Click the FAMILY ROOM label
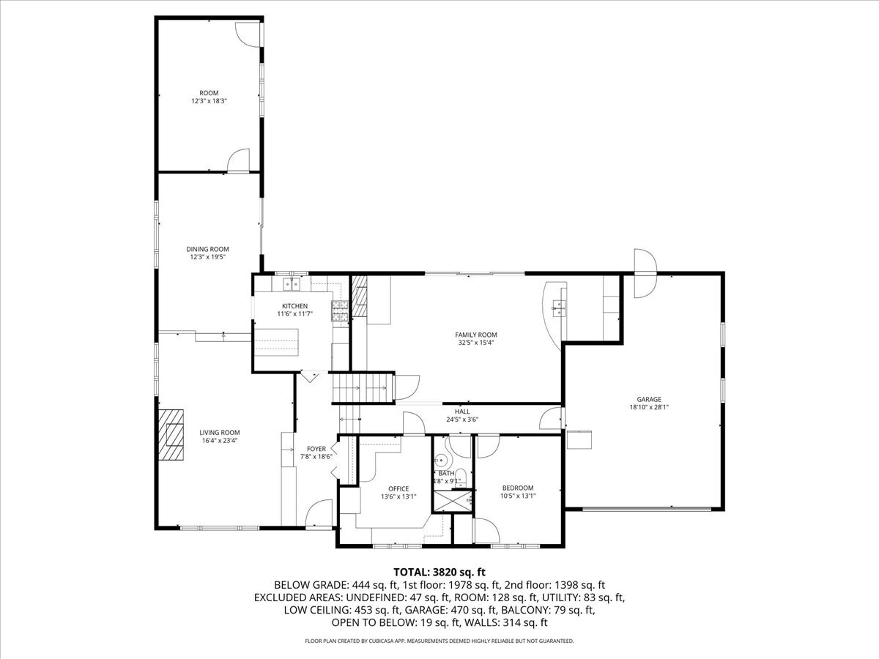coord(476,335)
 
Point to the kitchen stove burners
coord(341,312)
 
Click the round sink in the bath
coord(441,461)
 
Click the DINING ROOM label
coord(207,249)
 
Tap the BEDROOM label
coord(517,488)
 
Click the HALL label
coord(462,412)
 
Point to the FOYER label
coord(316,449)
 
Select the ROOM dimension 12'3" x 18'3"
coord(209,101)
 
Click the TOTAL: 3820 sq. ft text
coord(439,571)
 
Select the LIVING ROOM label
coord(220,432)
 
